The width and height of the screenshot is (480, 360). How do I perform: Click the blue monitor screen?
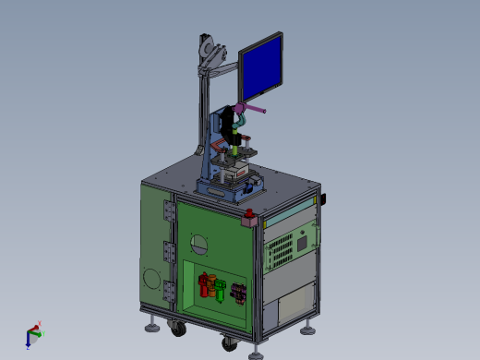pyautogui.click(x=261, y=68)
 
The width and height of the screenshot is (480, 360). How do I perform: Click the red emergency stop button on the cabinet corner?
pyautogui.click(x=249, y=220)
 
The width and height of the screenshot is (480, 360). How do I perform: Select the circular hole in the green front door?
pyautogui.click(x=198, y=244)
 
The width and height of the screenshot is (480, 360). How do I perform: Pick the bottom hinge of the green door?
pyautogui.click(x=168, y=292)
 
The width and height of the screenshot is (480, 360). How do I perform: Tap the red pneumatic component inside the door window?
pyautogui.click(x=206, y=283)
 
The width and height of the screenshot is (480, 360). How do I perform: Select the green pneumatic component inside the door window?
pyautogui.click(x=221, y=290)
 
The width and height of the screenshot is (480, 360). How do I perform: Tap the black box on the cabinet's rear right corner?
pyautogui.click(x=324, y=199)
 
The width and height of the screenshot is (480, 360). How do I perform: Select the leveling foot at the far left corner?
pyautogui.click(x=149, y=325)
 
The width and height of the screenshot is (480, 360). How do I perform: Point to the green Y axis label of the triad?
pyautogui.click(x=37, y=324)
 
